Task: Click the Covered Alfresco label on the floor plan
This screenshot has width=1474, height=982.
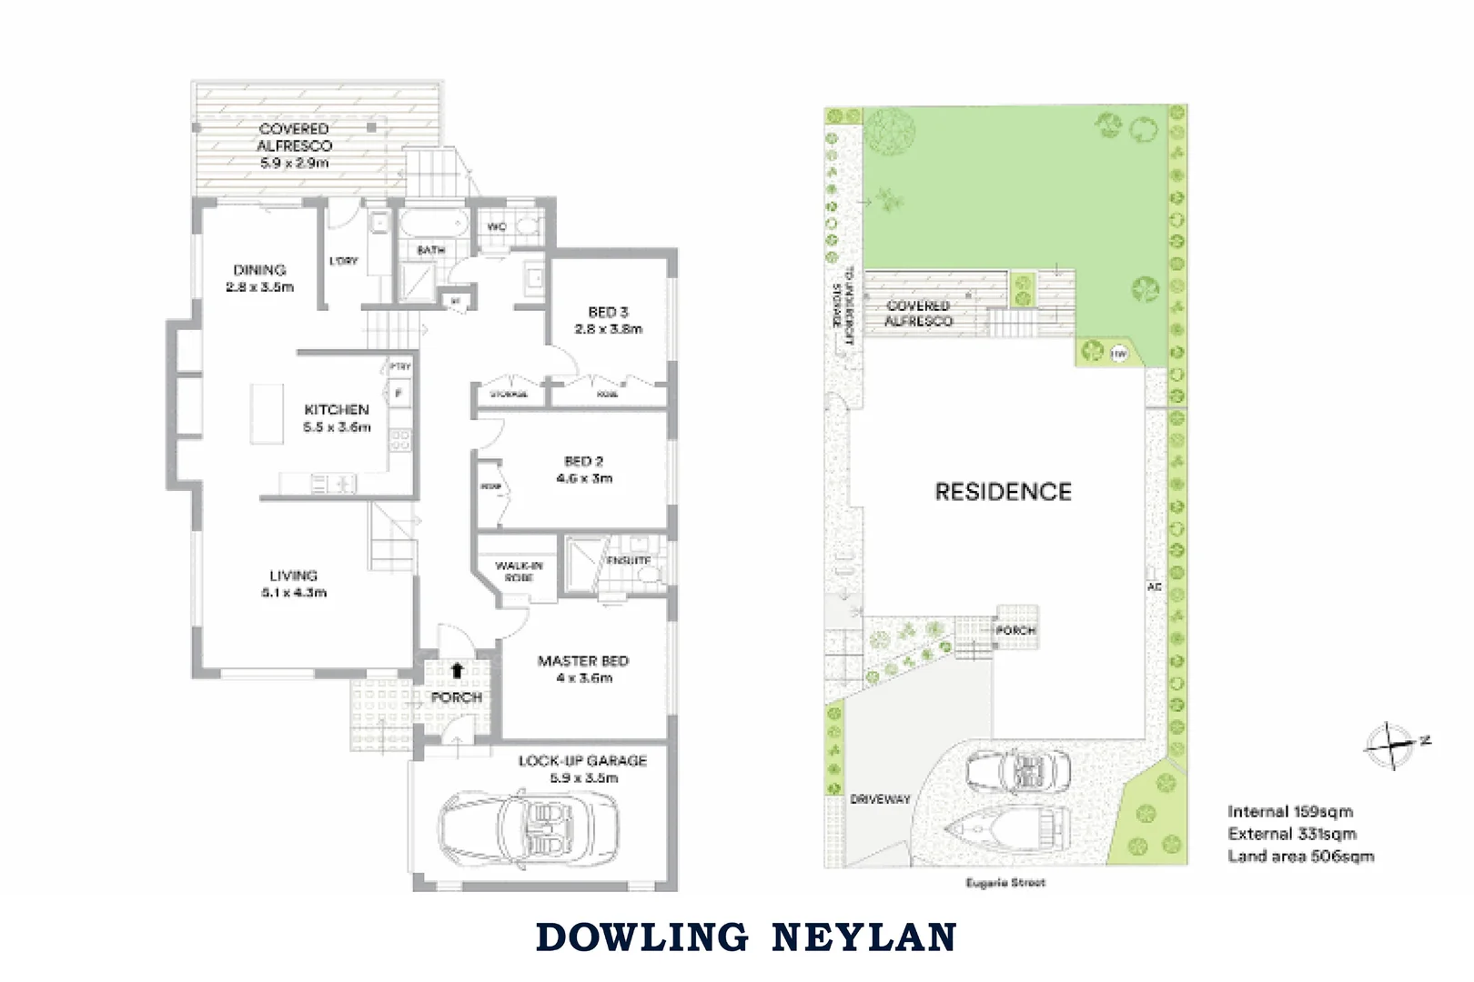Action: [x=295, y=137]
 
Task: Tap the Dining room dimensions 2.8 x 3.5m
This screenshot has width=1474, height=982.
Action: [x=260, y=287]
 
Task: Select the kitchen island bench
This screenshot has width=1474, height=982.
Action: [x=268, y=414]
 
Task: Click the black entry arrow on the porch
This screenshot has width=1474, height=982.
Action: [x=457, y=671]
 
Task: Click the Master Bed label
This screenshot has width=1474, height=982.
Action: [x=583, y=661]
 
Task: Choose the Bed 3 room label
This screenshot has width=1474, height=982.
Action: [x=608, y=312]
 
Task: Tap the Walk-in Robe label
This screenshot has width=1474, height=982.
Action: [x=519, y=571]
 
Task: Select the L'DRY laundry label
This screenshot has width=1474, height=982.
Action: [x=343, y=261]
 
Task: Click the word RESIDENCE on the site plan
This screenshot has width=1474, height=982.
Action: [x=1004, y=492]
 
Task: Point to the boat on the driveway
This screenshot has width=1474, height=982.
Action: [x=1005, y=828]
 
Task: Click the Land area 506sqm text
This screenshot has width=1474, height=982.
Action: [x=1300, y=857]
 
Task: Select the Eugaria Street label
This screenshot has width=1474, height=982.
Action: [x=1005, y=883]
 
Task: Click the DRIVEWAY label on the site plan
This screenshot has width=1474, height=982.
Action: [x=880, y=799]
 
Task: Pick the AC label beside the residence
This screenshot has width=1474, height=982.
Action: [x=1154, y=587]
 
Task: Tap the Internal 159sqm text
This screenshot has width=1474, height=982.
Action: [x=1289, y=811]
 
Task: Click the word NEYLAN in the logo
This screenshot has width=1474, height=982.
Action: [x=863, y=937]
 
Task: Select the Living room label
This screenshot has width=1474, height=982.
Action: [x=293, y=576]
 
